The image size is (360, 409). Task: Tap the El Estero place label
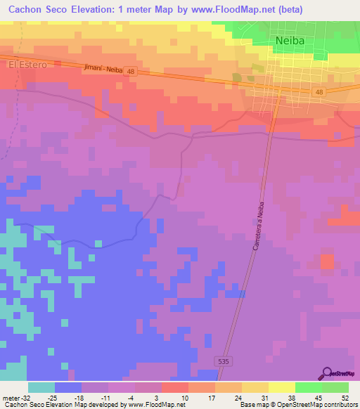27,65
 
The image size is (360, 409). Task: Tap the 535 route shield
223,361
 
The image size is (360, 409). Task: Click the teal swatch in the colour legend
41,387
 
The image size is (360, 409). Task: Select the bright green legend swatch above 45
309,387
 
